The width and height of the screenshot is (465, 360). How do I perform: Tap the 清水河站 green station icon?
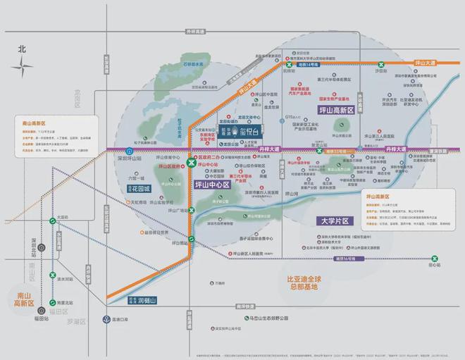53,275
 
